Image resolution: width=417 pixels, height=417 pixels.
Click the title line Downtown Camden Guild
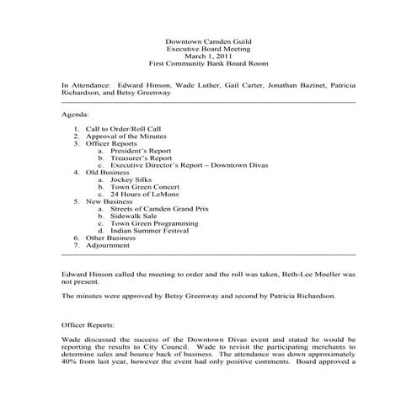(x=208, y=41)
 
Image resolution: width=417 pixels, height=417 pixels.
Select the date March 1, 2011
(x=208, y=56)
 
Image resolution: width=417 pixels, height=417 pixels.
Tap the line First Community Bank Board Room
(x=208, y=64)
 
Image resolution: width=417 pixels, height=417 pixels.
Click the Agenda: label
(x=76, y=113)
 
